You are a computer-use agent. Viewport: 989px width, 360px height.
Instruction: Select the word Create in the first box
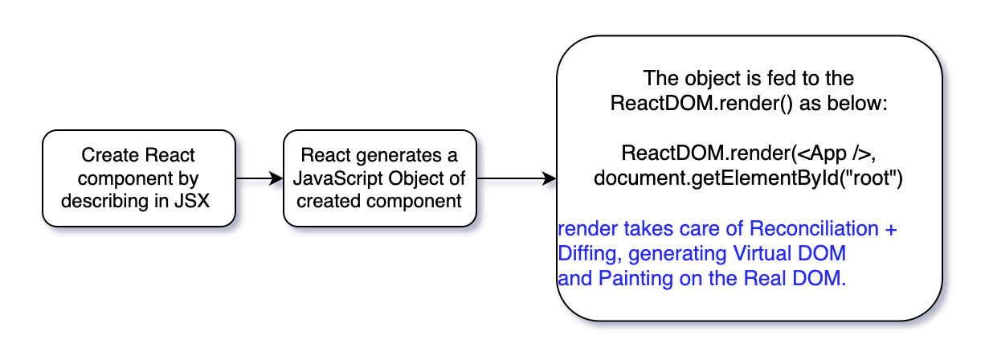tap(110, 155)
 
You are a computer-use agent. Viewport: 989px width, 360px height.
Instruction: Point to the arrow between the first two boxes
tap(260, 178)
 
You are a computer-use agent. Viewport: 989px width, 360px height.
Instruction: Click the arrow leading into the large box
tap(517, 178)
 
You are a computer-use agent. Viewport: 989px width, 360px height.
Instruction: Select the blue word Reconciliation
tap(814, 228)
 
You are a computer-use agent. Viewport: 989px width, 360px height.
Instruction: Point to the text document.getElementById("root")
tap(748, 178)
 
